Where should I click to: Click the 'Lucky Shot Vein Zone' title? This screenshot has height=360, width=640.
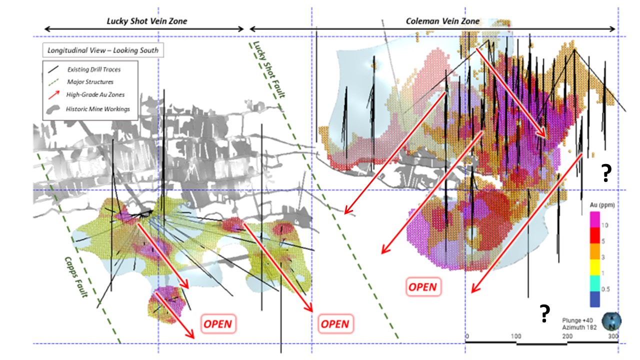click(147, 21)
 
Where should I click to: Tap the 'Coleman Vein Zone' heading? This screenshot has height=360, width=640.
click(442, 21)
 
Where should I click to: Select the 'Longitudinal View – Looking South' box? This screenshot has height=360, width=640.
click(103, 50)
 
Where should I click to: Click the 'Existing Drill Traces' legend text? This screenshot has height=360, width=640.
click(94, 69)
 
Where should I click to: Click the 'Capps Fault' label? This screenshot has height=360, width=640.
click(76, 277)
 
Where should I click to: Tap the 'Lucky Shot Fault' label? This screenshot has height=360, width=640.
click(269, 69)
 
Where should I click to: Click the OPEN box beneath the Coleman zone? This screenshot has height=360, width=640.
click(423, 287)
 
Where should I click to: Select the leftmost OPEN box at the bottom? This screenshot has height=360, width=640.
click(218, 323)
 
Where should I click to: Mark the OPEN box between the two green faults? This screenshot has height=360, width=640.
click(335, 323)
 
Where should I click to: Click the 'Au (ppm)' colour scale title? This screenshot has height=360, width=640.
click(602, 205)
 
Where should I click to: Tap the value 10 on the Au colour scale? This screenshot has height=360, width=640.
click(604, 225)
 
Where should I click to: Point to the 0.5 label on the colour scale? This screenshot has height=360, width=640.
click(605, 289)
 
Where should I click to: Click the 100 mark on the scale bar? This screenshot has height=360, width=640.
click(516, 336)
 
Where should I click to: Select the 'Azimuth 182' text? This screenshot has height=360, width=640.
click(579, 327)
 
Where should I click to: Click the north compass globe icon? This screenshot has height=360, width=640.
click(611, 321)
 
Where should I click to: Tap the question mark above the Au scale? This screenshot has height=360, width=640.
click(606, 173)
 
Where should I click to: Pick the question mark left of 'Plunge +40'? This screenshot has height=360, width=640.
click(544, 313)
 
